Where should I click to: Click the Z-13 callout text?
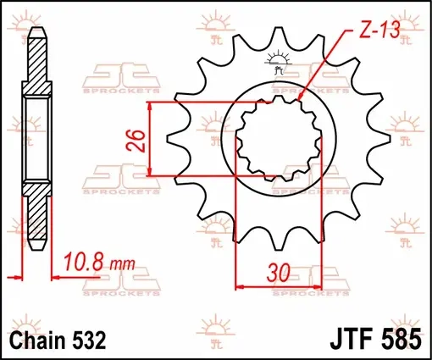click(x=379, y=30)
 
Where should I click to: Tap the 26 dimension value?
click(x=136, y=141)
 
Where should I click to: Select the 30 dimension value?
click(x=279, y=273)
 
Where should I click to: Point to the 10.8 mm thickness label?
click(x=100, y=262)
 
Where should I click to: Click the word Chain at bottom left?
click(x=38, y=340)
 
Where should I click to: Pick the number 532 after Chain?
click(x=89, y=340)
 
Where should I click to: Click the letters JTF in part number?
click(x=353, y=338)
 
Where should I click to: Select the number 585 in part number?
click(x=402, y=338)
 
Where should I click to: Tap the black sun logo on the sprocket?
click(x=279, y=62)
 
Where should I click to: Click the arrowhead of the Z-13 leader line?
click(x=300, y=97)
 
